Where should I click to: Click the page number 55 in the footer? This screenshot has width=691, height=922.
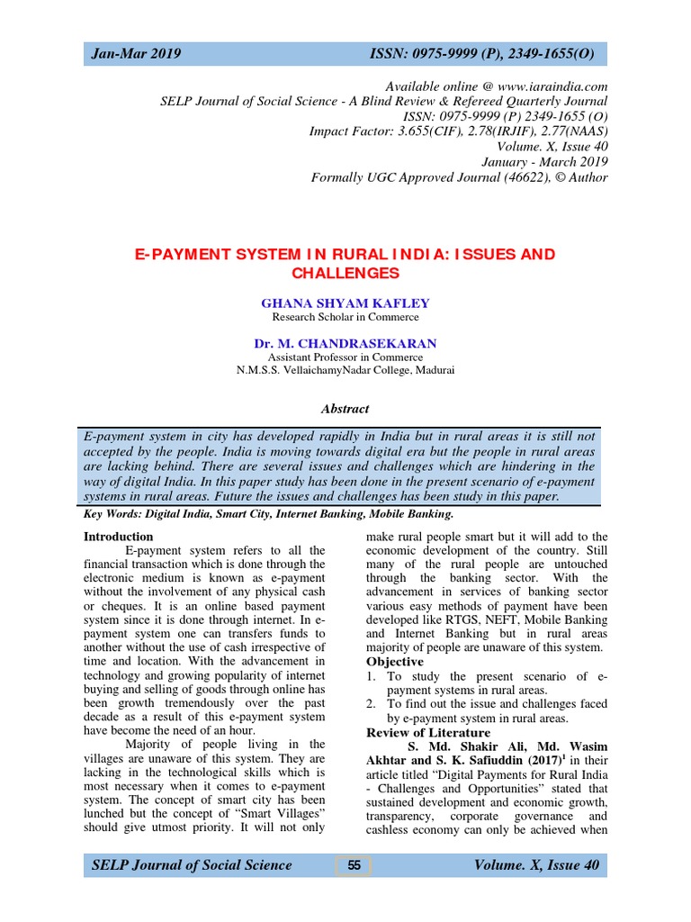[x=354, y=865]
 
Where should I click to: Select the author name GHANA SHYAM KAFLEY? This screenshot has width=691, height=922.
[x=345, y=303]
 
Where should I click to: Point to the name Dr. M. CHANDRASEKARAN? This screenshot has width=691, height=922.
[x=345, y=343]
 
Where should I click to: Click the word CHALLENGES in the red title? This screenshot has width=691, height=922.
[x=345, y=272]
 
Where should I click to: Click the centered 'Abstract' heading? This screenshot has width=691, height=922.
[x=345, y=409]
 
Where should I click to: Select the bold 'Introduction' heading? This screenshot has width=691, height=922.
[x=118, y=537]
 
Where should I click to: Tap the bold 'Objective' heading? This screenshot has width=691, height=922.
[x=394, y=661]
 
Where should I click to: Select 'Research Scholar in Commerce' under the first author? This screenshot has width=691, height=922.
[x=345, y=317]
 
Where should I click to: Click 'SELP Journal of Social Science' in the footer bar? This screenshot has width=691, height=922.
[x=192, y=865]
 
